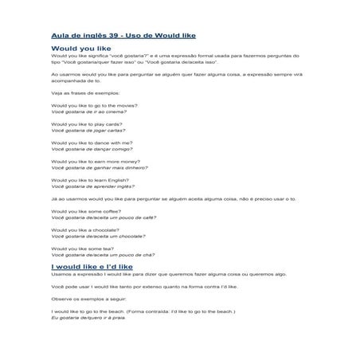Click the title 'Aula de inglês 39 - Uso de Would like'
point(123,36)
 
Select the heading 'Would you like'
point(79,49)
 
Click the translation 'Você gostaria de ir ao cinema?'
point(88,112)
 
